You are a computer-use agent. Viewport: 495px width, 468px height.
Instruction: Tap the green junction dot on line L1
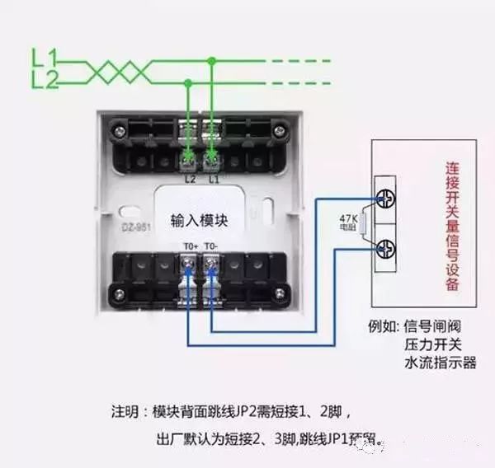tap(212, 60)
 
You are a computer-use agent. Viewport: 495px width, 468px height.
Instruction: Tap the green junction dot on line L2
tap(189, 82)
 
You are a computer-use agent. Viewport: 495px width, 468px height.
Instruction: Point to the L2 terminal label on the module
tap(191, 178)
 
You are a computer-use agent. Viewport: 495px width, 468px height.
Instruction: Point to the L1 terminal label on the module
tap(214, 178)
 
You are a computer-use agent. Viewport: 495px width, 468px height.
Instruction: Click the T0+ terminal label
tap(191, 245)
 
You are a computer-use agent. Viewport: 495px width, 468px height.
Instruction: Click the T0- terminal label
tap(212, 245)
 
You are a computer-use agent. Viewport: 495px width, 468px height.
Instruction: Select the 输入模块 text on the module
tap(199, 221)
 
